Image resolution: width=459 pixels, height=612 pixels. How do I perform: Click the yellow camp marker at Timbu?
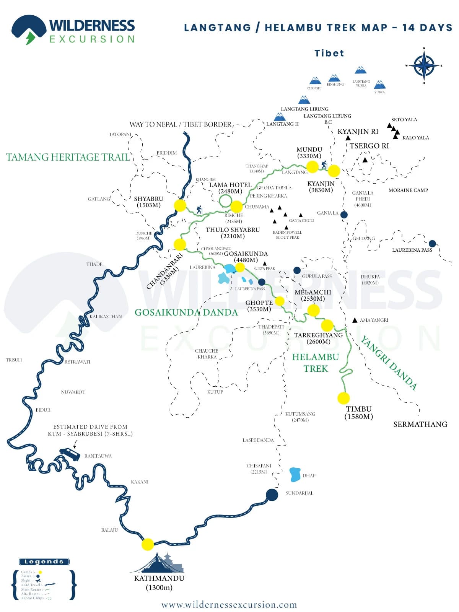point(343,398)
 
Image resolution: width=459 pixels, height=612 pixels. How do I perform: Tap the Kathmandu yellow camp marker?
point(148,544)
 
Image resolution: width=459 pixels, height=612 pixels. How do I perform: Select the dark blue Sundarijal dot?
point(272,495)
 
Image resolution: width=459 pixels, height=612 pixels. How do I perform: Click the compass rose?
point(424,66)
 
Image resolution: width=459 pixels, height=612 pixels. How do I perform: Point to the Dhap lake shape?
point(295,475)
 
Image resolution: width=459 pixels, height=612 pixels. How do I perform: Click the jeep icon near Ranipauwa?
point(70,454)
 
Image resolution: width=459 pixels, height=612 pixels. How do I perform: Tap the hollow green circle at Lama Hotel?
point(225,200)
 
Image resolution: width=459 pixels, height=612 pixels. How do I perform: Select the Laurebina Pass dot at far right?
point(432,244)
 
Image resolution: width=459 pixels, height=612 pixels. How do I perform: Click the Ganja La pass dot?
point(344,215)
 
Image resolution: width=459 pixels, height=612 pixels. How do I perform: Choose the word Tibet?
point(329,53)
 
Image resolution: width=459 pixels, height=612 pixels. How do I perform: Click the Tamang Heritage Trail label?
point(68,157)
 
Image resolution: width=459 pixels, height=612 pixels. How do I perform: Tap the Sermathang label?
point(420,424)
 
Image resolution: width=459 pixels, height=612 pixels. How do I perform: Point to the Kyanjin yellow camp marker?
point(334,171)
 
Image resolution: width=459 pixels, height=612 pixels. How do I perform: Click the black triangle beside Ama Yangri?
point(355,320)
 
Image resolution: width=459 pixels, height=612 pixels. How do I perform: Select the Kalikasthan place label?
point(106,316)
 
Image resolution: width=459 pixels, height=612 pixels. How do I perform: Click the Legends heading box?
point(44,562)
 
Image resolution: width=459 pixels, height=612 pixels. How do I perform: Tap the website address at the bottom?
point(229,605)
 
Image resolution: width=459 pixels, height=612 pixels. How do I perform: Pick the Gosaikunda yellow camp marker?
point(240,267)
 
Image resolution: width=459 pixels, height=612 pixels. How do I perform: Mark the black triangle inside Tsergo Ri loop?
point(365,160)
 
